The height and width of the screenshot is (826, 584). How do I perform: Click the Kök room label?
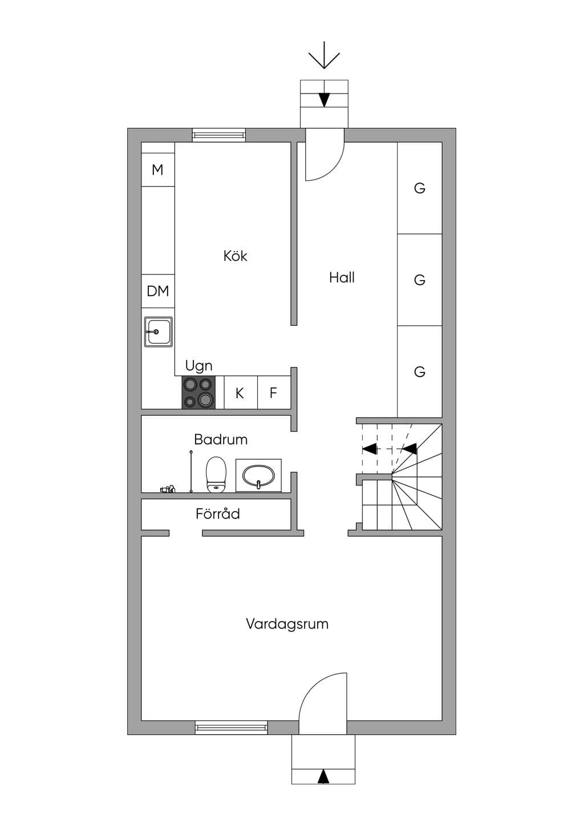(x=235, y=256)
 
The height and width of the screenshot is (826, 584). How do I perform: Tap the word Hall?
(x=342, y=278)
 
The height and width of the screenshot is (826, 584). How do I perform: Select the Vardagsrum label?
(x=287, y=624)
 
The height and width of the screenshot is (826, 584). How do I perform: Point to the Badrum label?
(x=221, y=440)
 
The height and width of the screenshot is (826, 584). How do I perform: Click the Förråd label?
(x=217, y=513)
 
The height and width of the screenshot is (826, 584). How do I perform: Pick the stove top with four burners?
(x=198, y=392)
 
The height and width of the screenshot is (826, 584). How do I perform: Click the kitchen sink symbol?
(x=158, y=332)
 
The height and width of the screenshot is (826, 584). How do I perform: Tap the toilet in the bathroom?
(x=216, y=475)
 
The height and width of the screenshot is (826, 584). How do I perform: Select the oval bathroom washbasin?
(x=258, y=476)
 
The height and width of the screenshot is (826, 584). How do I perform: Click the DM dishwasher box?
(x=158, y=291)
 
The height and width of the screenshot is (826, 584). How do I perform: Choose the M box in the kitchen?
(x=158, y=169)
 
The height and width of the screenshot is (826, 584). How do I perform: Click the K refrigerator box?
(x=240, y=392)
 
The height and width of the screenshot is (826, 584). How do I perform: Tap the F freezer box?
(x=274, y=392)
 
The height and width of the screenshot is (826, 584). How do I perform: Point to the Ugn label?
(x=198, y=366)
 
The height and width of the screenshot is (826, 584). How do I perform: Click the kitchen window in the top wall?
(x=218, y=135)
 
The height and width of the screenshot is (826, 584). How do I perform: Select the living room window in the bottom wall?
(x=231, y=727)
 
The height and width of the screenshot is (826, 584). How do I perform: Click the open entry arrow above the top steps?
(x=324, y=55)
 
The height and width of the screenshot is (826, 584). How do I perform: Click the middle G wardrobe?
(x=420, y=280)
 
